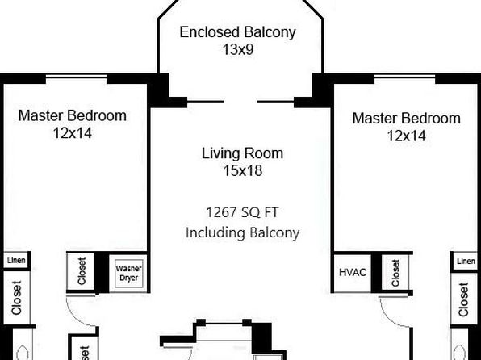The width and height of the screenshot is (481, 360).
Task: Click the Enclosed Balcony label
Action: pos(237,33)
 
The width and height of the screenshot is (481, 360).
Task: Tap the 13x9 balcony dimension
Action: pos(238,49)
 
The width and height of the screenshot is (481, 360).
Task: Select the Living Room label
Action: pos(242,153)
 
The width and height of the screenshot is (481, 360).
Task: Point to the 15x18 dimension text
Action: pos(243,170)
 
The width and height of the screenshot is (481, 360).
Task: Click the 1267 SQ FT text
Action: pos(242,212)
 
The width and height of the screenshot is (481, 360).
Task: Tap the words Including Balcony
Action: pos(242,232)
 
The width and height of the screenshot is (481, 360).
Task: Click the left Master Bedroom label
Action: pos(73,115)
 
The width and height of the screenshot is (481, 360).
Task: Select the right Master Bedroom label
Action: pos(407,119)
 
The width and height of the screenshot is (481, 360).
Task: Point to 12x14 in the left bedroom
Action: pos(73,133)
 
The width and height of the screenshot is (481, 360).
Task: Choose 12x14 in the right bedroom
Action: pos(407,136)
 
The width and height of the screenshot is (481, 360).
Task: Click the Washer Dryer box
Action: pos(129,274)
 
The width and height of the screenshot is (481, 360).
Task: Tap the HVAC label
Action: pos(353,272)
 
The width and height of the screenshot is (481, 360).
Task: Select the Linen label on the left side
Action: pos(16,261)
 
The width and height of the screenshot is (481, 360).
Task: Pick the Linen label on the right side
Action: pos(466,262)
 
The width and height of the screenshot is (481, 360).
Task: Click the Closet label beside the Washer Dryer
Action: pos(82,271)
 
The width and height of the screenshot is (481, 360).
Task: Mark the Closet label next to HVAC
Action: pos(395,273)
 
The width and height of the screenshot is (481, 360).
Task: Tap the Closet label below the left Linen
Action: pos(16,297)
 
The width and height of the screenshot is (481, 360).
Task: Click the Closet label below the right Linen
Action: pos(463,299)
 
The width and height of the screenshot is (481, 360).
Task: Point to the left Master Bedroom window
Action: pos(77,77)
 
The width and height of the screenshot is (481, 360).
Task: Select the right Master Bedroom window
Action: pos(405,77)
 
